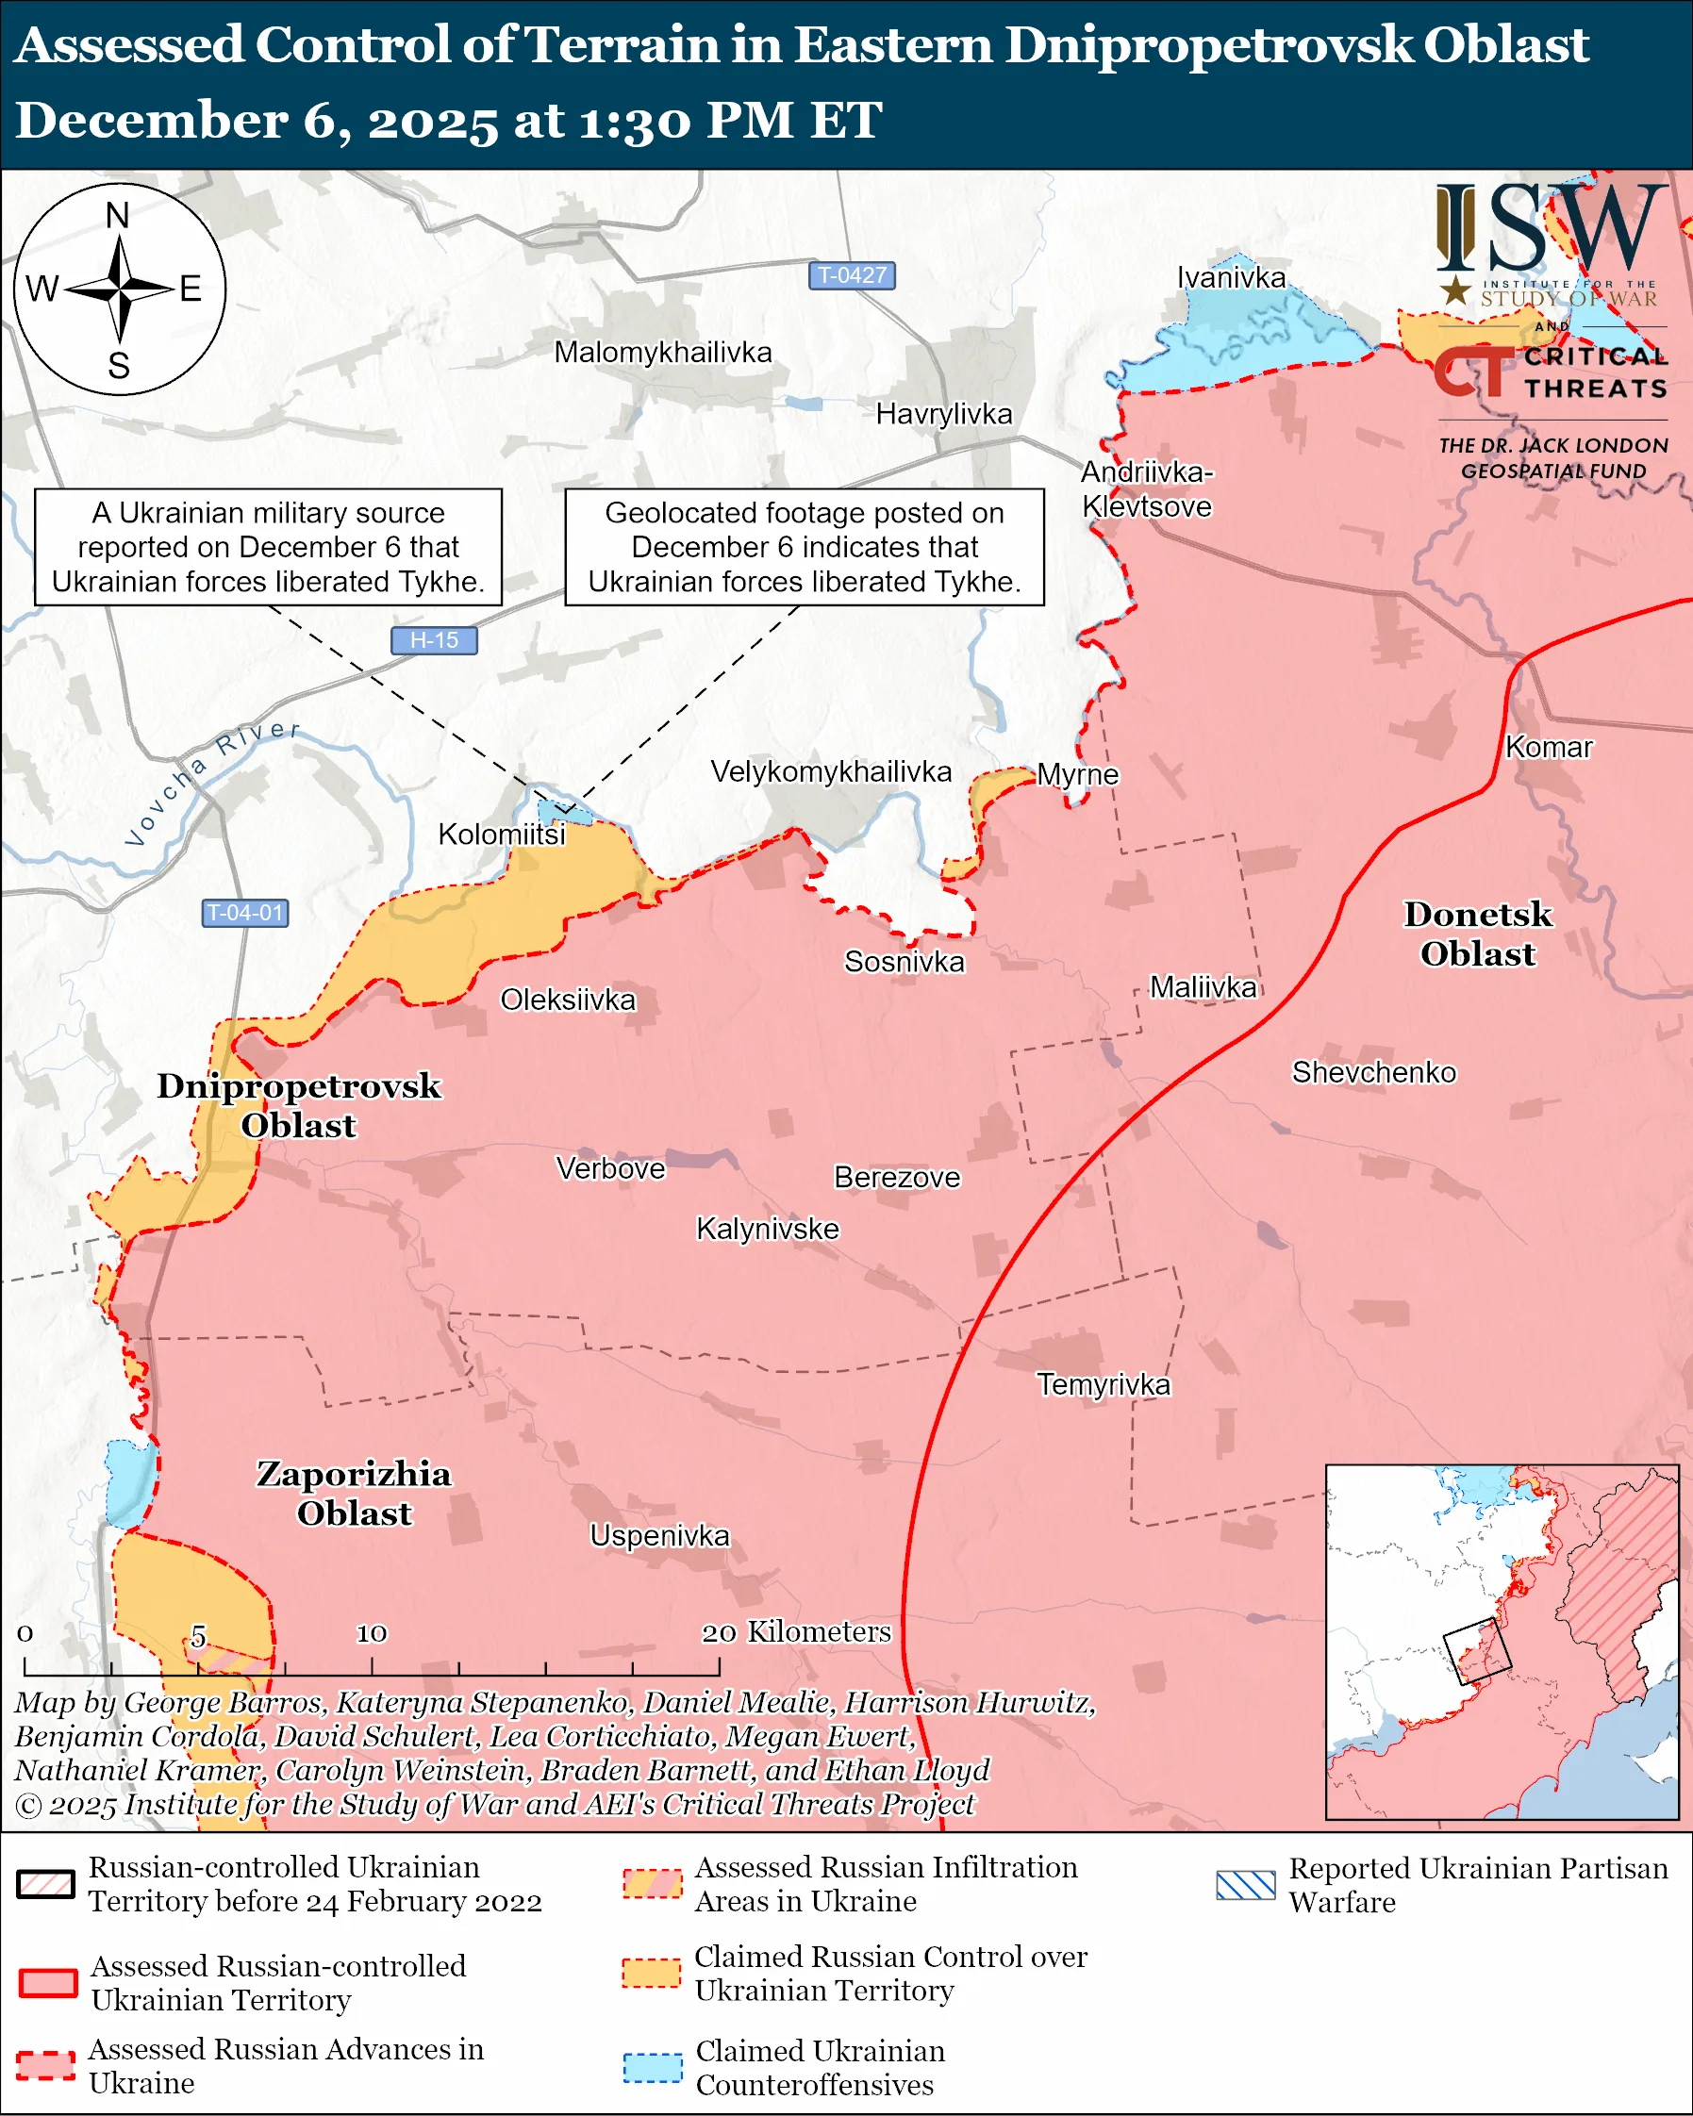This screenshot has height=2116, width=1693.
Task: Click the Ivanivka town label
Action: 1231,278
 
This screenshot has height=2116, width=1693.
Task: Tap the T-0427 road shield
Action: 851,274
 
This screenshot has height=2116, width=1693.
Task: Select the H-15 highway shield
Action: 434,640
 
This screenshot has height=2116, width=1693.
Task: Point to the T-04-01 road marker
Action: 244,913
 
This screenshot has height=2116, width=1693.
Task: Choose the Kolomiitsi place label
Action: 502,835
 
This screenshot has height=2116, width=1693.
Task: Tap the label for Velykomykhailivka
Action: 830,771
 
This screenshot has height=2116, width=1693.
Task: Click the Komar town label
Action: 1548,747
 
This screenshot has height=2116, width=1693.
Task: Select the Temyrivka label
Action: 1104,1385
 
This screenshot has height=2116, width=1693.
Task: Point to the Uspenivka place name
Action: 659,1536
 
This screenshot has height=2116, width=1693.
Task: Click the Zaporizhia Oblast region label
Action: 354,1493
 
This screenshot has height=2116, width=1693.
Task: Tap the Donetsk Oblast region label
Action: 1477,934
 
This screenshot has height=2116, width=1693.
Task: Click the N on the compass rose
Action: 118,215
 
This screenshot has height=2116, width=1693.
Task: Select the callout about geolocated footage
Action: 804,547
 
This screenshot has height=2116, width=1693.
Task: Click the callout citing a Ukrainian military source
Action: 268,547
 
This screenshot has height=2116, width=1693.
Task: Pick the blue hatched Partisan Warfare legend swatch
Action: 1244,1885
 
